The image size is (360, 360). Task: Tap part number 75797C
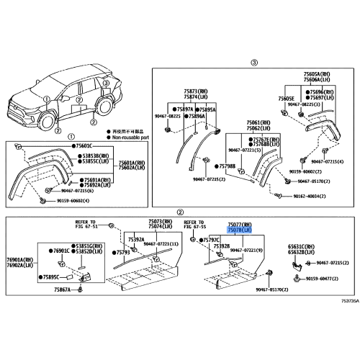click(210, 239)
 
